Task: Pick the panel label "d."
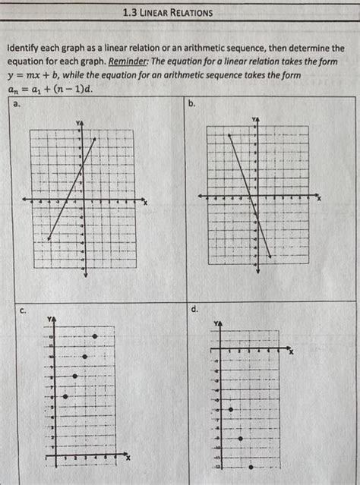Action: click(195, 310)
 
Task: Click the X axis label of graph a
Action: click(144, 201)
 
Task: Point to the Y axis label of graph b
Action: click(255, 120)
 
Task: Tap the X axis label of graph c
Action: click(128, 458)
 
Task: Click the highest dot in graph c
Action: click(94, 336)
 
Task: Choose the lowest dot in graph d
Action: click(251, 467)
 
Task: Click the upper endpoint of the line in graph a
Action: click(94, 139)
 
